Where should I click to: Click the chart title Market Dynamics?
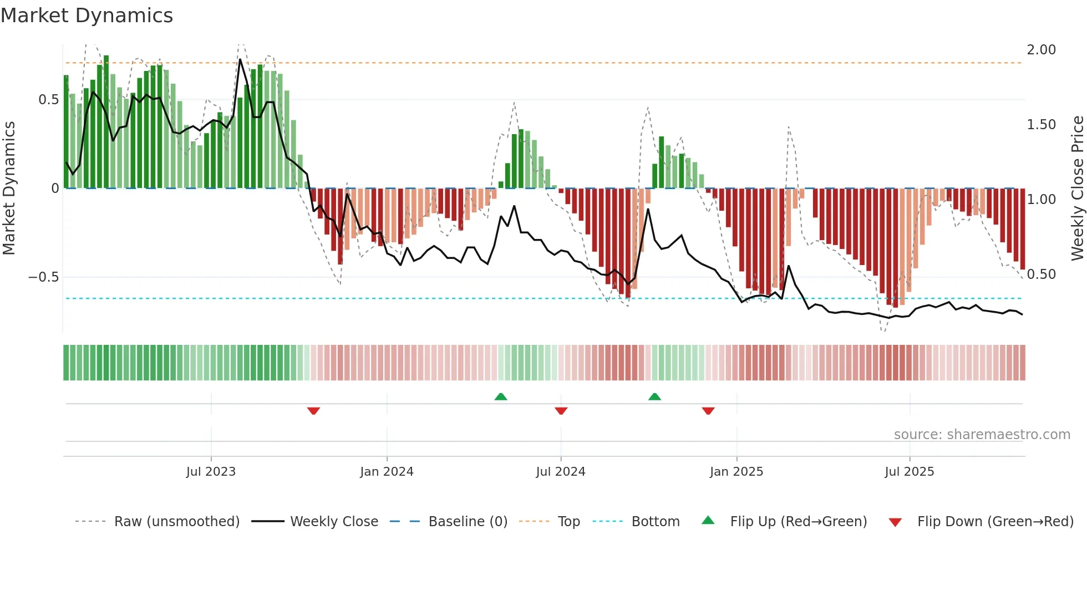tap(87, 16)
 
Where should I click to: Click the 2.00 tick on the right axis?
tap(1041, 50)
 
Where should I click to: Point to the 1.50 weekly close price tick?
tap(1041, 125)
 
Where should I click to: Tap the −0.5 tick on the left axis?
tap(44, 277)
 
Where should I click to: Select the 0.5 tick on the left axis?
tap(48, 100)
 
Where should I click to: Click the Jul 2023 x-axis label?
tap(211, 472)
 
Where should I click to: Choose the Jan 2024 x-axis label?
tap(387, 472)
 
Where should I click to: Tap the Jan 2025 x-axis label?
tap(736, 472)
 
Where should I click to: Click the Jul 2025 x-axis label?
tap(909, 472)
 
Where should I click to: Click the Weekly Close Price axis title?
tap(1076, 189)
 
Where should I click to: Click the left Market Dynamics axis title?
tap(9, 189)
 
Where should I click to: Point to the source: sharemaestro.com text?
tap(982, 435)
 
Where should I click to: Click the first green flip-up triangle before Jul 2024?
tap(501, 397)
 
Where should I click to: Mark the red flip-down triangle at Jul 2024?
tap(561, 411)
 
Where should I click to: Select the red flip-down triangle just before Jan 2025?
tap(708, 411)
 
